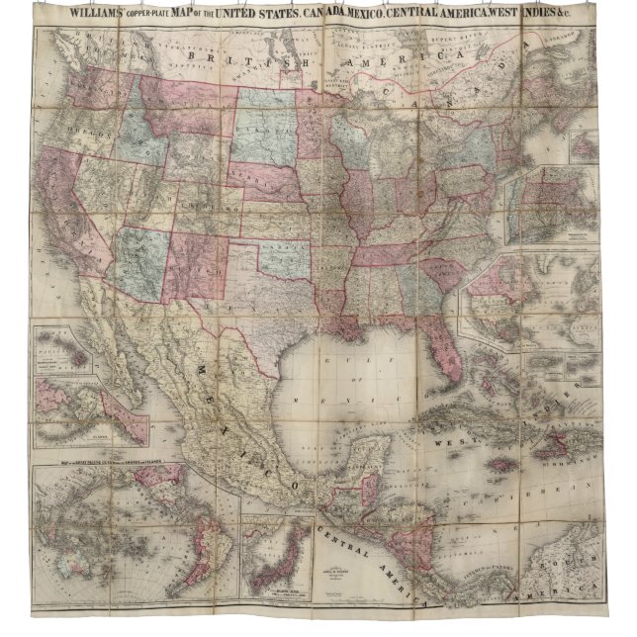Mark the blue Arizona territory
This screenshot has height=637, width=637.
click(x=138, y=256)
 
